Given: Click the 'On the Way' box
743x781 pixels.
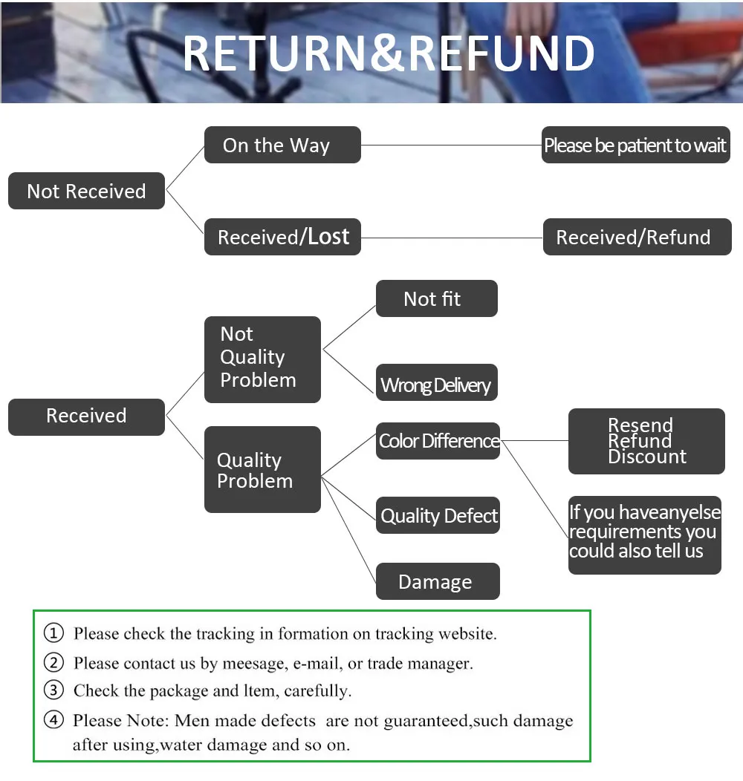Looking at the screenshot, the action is click(282, 145).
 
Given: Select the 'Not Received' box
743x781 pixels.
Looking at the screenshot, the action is click(86, 191).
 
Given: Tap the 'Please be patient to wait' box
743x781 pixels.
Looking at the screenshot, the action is click(635, 146).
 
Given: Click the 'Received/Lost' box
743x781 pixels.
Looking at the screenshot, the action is click(282, 237).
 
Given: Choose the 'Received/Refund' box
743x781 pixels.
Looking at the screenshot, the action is click(637, 238).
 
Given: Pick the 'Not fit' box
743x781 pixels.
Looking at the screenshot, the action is click(436, 298).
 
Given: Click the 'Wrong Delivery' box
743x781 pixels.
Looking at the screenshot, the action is click(436, 385).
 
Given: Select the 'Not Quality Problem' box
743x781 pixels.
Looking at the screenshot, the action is click(262, 359).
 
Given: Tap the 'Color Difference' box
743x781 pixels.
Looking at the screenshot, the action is click(438, 441).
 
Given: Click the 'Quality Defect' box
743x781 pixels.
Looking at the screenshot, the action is click(438, 516).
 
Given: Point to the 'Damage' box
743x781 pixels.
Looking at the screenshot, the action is click(438, 582).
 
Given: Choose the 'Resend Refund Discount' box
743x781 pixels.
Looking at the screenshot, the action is click(646, 441).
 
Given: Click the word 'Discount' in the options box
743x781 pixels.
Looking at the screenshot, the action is click(647, 457).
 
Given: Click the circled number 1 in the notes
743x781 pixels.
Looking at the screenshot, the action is click(53, 634).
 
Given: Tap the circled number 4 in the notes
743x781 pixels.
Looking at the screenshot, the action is click(53, 720).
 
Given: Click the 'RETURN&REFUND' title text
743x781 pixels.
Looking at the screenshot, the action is click(388, 53).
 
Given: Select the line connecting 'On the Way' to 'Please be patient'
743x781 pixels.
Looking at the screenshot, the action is click(451, 145).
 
